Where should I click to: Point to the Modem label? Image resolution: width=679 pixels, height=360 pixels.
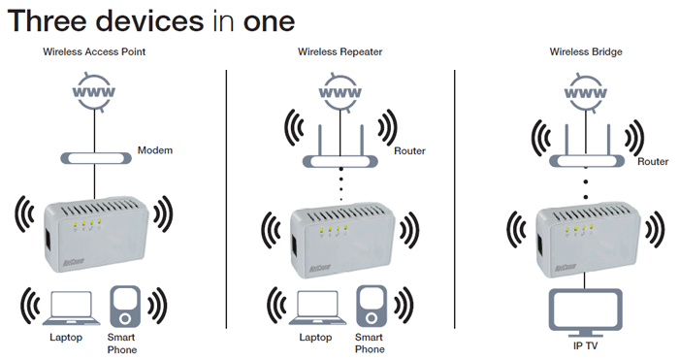[155, 150]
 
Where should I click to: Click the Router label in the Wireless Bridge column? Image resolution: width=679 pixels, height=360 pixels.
[653, 162]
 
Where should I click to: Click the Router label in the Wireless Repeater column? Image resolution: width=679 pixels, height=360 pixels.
[409, 150]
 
